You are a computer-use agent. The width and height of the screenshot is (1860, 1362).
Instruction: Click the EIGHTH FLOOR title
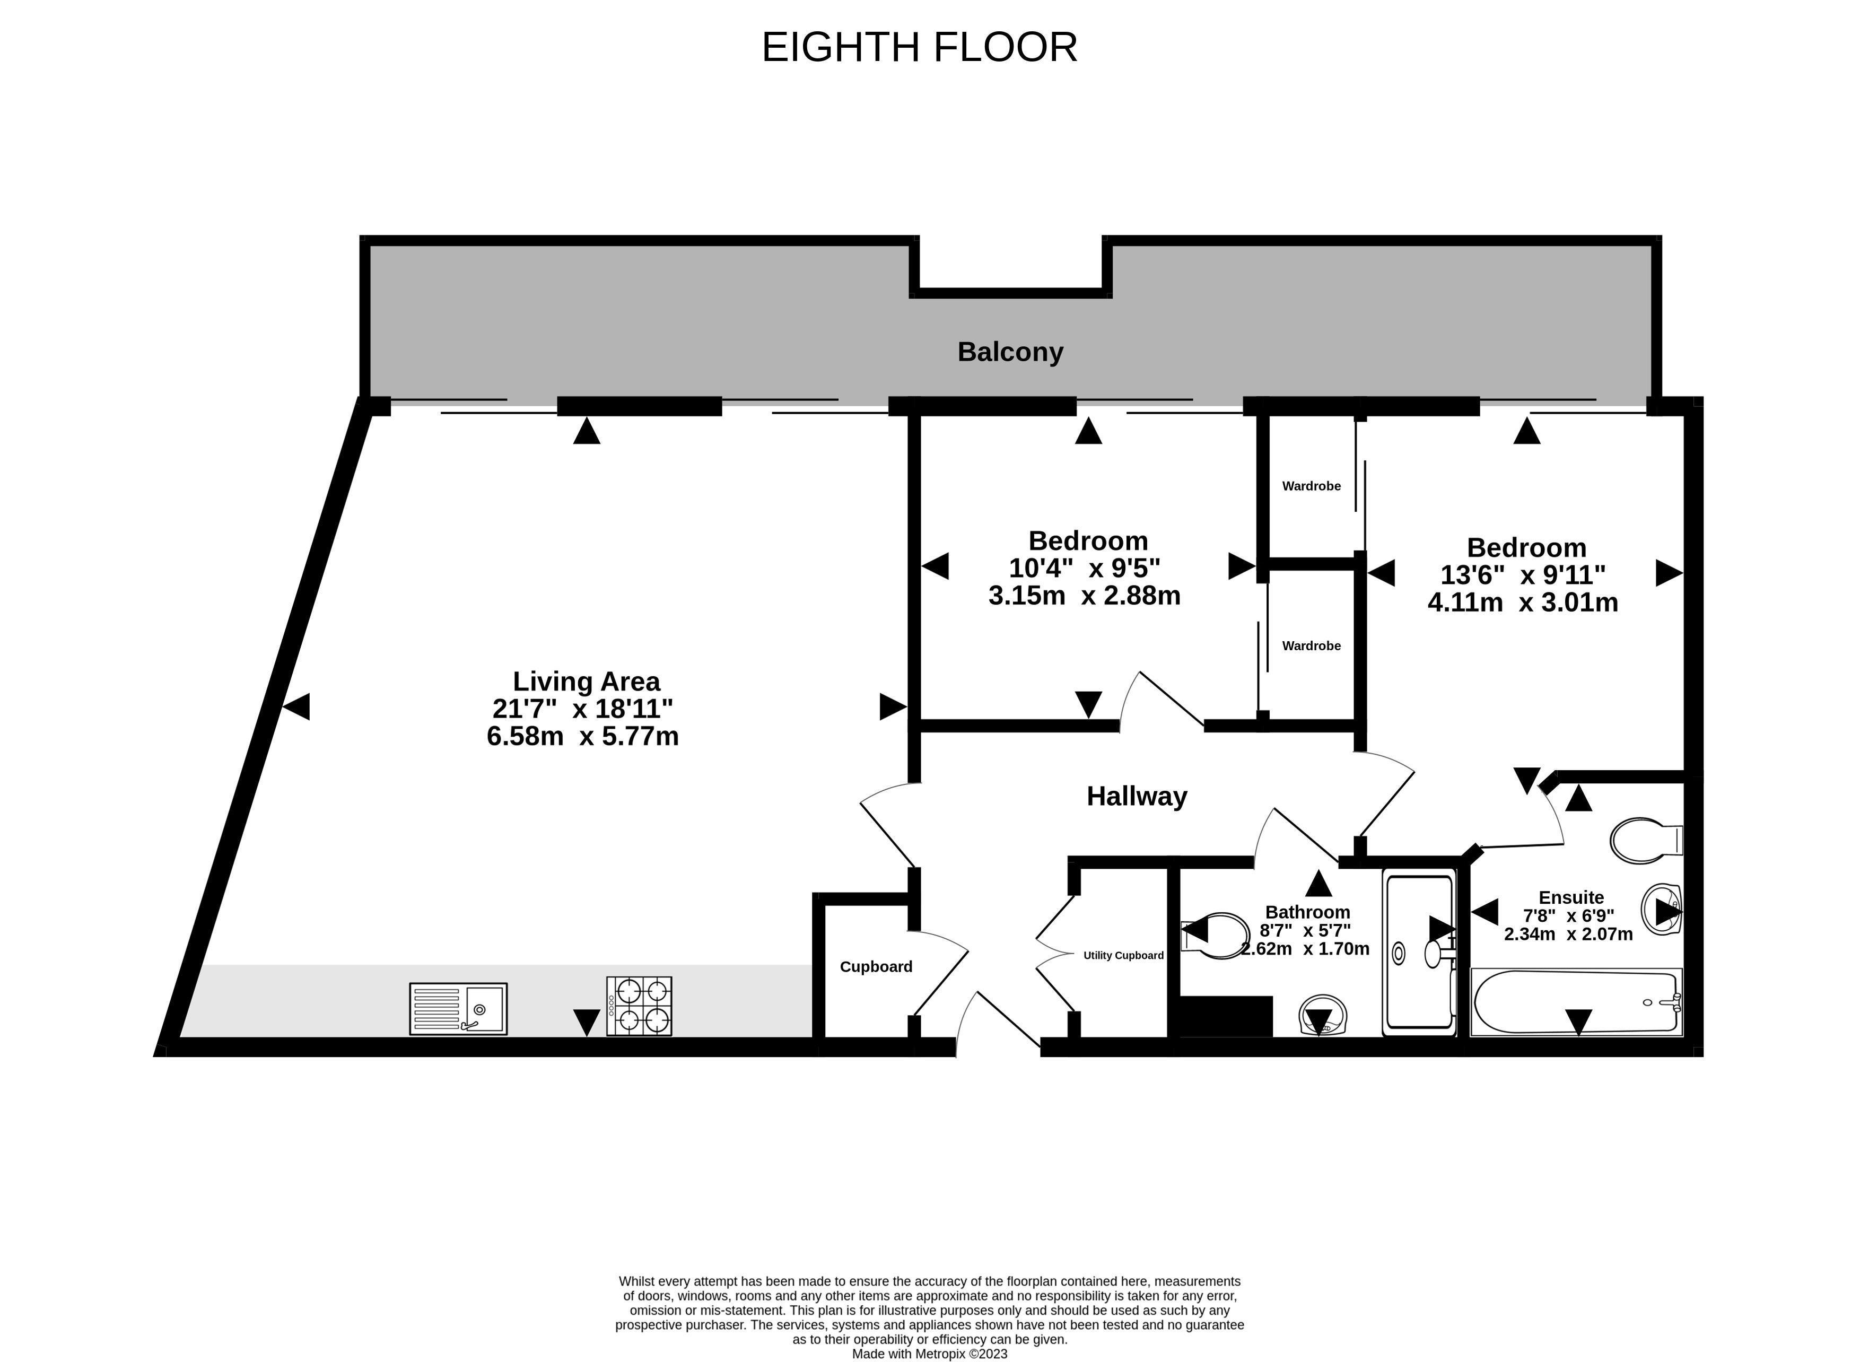(919, 47)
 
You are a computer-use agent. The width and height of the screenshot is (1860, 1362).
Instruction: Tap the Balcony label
(1010, 352)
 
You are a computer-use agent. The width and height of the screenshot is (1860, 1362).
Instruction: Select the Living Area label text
(586, 681)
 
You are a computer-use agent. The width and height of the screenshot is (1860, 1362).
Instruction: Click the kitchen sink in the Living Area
(458, 1008)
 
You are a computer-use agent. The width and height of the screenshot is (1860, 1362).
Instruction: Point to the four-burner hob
(639, 1006)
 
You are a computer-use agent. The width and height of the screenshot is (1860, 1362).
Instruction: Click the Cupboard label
(876, 966)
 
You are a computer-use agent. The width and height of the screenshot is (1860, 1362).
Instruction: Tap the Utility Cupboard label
(1123, 955)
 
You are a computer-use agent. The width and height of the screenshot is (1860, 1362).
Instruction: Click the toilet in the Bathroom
(1215, 936)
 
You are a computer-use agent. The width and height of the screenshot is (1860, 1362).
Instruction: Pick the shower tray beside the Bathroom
(1419, 952)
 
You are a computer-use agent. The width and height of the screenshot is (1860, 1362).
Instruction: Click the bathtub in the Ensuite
(1576, 1002)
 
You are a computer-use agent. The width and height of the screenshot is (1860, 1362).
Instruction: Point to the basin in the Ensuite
(1661, 910)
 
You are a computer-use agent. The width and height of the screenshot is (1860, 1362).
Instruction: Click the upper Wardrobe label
(1311, 486)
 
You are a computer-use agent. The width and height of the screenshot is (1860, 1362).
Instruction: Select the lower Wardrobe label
(1311, 645)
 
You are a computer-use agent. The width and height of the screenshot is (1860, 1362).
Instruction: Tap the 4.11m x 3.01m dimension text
(1523, 602)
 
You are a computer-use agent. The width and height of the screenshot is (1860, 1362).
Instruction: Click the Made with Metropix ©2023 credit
(930, 1354)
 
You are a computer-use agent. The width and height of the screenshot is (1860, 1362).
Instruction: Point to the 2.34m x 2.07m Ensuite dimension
(1568, 934)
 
